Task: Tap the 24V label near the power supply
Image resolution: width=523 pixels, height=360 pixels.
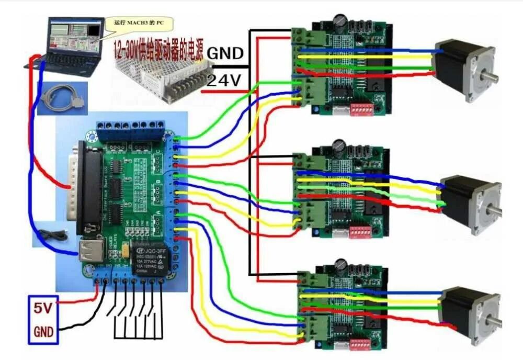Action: pos(224,80)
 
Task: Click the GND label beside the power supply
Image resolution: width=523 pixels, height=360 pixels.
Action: pos(225,53)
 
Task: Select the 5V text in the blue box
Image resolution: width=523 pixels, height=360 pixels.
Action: pos(43,309)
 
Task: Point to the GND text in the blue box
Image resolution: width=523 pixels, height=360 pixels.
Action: pos(43,331)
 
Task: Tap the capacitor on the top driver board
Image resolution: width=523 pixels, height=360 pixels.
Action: pos(340,20)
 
